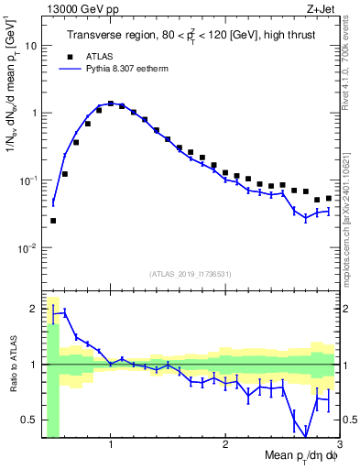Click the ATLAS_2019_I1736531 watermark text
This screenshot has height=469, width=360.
tap(190, 274)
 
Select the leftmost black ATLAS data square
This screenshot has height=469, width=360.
tap(53, 221)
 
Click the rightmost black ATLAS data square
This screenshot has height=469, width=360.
tap(329, 198)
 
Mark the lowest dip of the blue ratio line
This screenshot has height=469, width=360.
tap(306, 437)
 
